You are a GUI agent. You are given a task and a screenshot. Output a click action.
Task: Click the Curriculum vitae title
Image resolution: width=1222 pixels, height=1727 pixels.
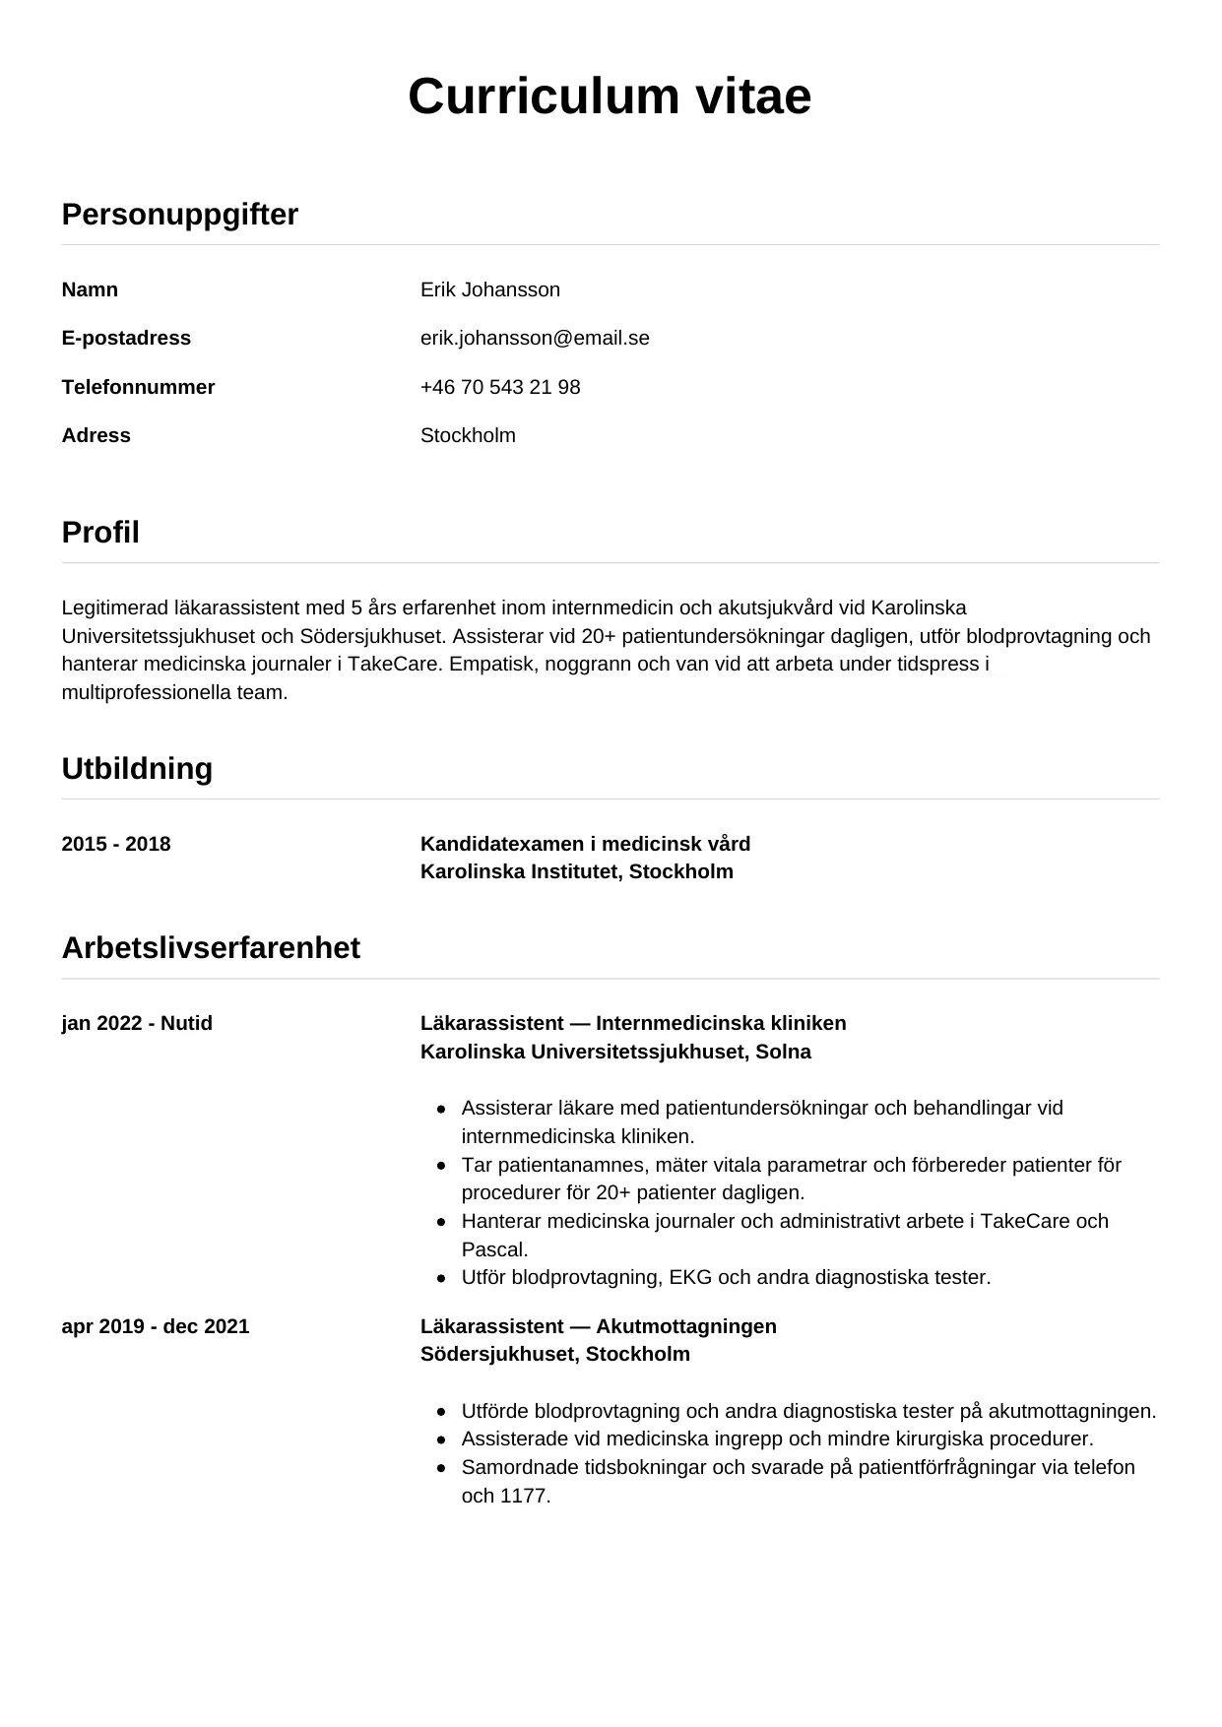pos(610,96)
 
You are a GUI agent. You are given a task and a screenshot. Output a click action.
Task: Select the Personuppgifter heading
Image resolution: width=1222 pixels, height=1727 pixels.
pos(179,214)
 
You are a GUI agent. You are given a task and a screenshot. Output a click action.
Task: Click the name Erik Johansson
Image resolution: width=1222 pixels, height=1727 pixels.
pos(489,289)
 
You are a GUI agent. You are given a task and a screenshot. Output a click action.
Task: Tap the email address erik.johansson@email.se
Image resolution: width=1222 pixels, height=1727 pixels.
pos(535,338)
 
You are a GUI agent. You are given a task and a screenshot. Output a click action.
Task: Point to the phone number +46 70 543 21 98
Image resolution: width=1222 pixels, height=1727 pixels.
pos(500,387)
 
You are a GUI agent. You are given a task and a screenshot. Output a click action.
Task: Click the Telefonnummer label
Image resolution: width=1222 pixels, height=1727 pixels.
pos(138,387)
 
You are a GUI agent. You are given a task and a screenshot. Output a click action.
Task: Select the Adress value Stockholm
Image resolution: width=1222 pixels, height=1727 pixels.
pos(468,435)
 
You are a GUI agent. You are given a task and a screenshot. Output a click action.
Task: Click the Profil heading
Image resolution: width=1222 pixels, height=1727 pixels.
pos(100,532)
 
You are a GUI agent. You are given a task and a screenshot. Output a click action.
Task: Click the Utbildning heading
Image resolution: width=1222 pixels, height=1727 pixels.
pos(137,768)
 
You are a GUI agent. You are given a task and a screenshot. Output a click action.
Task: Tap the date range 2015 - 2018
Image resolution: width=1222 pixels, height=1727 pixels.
pos(116,844)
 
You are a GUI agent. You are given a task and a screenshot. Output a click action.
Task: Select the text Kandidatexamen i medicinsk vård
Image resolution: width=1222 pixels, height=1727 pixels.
pos(585,844)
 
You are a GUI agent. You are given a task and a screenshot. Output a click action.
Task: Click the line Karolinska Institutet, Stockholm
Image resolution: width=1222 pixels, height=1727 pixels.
pos(576,871)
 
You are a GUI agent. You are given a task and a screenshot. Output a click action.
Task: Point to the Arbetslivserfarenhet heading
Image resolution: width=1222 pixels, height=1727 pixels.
pos(211,947)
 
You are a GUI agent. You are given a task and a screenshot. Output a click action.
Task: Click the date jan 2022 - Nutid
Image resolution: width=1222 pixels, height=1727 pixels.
pos(137,1023)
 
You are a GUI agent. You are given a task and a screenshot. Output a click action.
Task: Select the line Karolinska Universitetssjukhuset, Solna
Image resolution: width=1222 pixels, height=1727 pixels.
pos(615,1052)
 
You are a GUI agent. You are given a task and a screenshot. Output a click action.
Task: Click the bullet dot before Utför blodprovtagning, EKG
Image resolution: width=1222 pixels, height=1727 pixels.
pos(441,1278)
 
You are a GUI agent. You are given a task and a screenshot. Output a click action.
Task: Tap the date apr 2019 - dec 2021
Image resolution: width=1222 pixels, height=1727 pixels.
pos(156,1326)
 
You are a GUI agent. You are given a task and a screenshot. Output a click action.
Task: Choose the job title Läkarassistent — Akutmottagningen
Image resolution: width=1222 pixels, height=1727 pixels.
pos(598,1326)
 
